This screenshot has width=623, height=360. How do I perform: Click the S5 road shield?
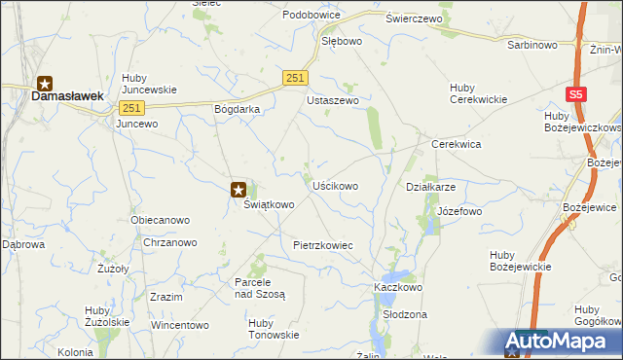577,94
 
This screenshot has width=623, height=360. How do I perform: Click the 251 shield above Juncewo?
133,108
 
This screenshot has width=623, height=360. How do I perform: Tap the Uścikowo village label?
335,185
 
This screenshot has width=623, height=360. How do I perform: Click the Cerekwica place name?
458,144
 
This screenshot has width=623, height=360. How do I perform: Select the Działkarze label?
430,187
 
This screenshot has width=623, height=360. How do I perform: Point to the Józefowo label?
459,211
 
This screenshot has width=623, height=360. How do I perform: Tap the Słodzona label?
405,315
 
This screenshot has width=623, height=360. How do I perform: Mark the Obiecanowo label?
160,220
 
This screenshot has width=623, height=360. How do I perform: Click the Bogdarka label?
237,109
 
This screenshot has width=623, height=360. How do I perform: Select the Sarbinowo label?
531,45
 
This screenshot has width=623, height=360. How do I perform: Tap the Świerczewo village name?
414,18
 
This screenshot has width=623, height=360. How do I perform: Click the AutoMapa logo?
561,342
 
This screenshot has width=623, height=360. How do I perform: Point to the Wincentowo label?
180,324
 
